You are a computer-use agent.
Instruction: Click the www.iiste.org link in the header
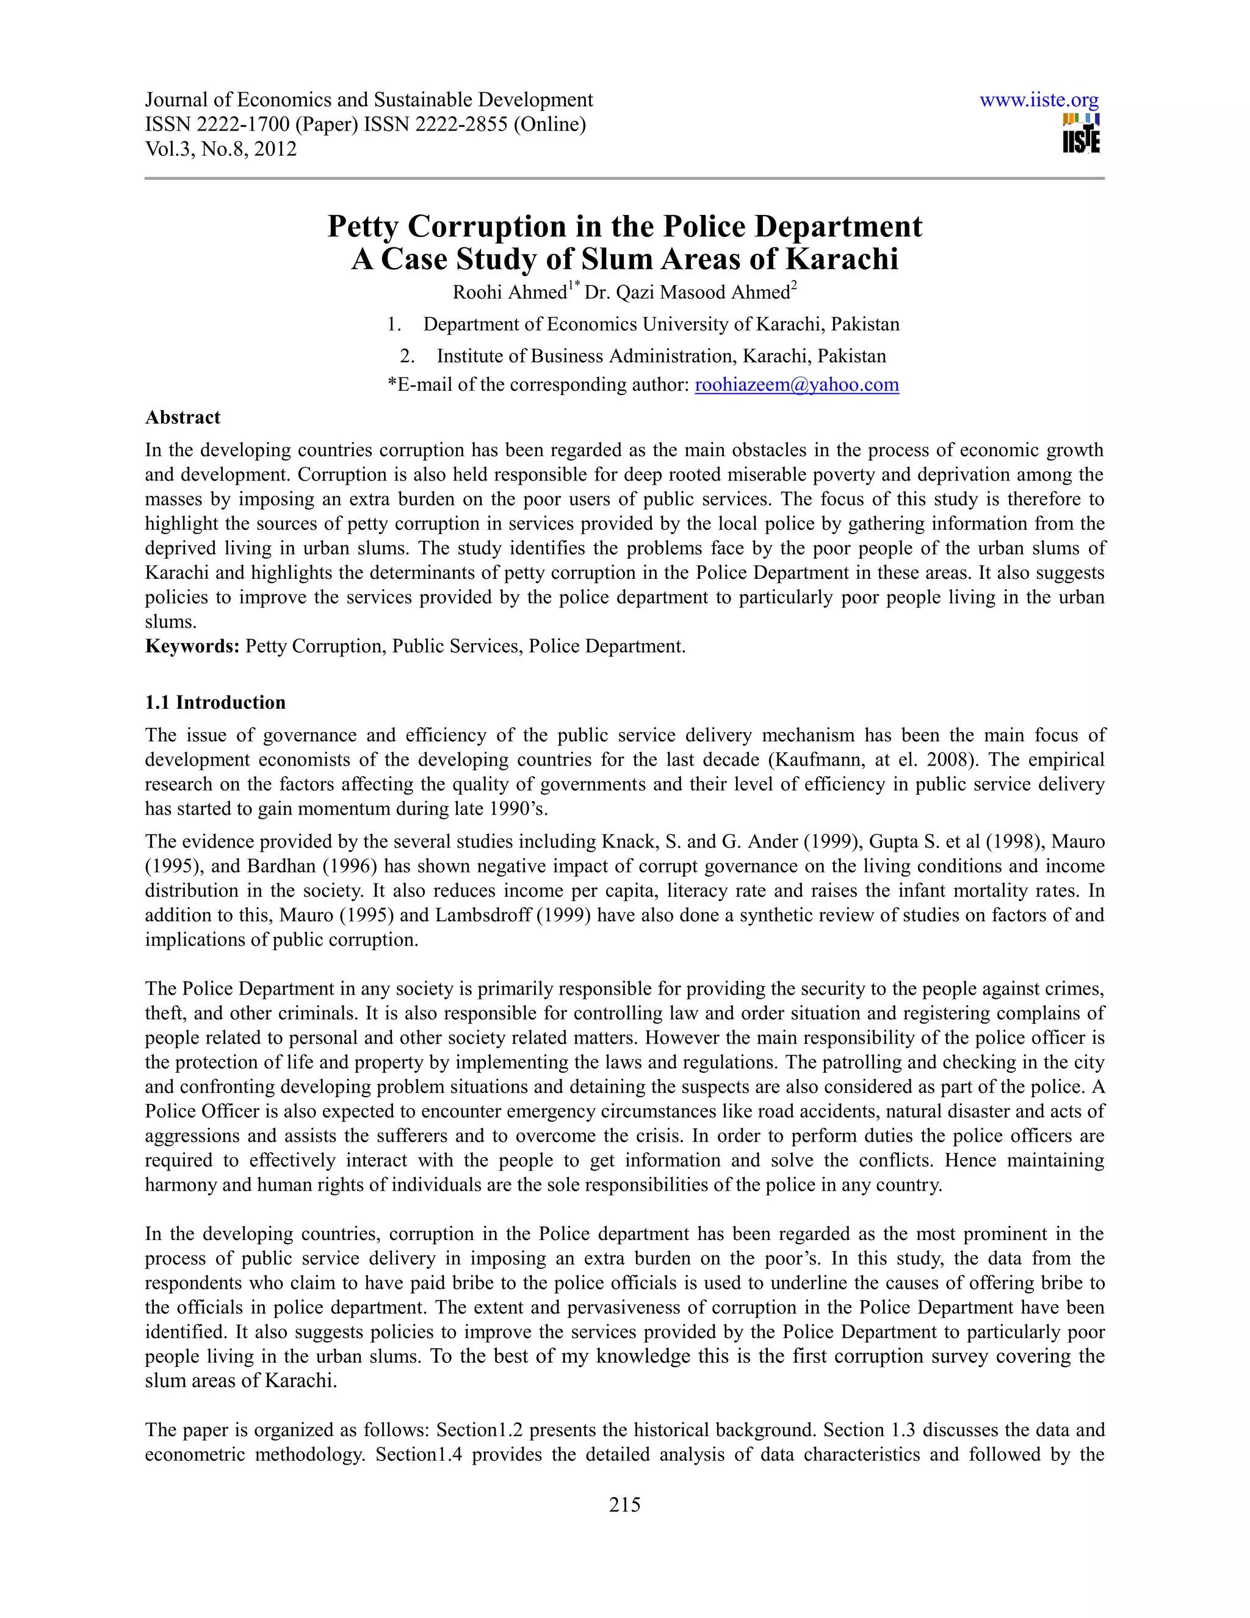click(1038, 100)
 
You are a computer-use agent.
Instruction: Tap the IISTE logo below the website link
click(1080, 134)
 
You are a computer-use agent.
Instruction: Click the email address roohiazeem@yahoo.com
click(796, 385)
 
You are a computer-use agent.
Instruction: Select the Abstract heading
click(182, 417)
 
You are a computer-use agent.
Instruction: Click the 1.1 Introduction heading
click(215, 702)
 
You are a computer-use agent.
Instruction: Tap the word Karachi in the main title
click(841, 259)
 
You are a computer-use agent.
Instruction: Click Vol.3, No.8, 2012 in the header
click(221, 149)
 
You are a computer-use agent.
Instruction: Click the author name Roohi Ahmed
click(510, 292)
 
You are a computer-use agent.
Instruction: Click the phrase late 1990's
click(509, 809)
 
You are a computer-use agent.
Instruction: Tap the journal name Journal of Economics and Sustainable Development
click(369, 100)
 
